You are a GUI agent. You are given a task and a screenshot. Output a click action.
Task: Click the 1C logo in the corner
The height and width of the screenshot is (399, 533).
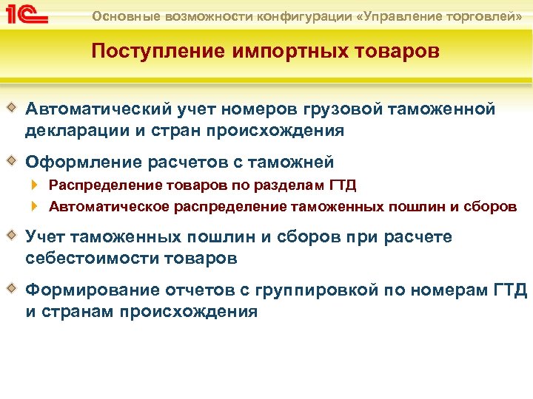27,15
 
